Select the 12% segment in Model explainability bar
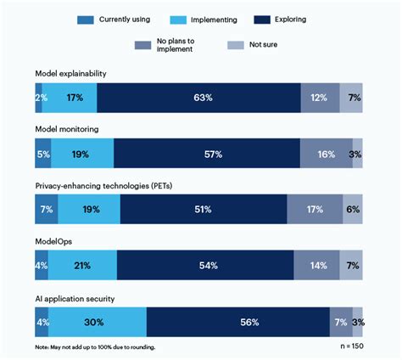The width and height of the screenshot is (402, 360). [x=320, y=98]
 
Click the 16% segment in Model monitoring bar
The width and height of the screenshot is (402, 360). [x=326, y=154]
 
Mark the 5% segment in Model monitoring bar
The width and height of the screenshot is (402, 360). [x=43, y=154]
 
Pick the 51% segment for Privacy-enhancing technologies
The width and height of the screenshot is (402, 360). [x=204, y=209]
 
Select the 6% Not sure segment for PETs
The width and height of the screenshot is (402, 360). [x=352, y=209]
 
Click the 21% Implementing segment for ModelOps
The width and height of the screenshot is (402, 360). [x=82, y=265]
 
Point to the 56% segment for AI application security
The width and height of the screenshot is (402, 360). [x=237, y=321]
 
